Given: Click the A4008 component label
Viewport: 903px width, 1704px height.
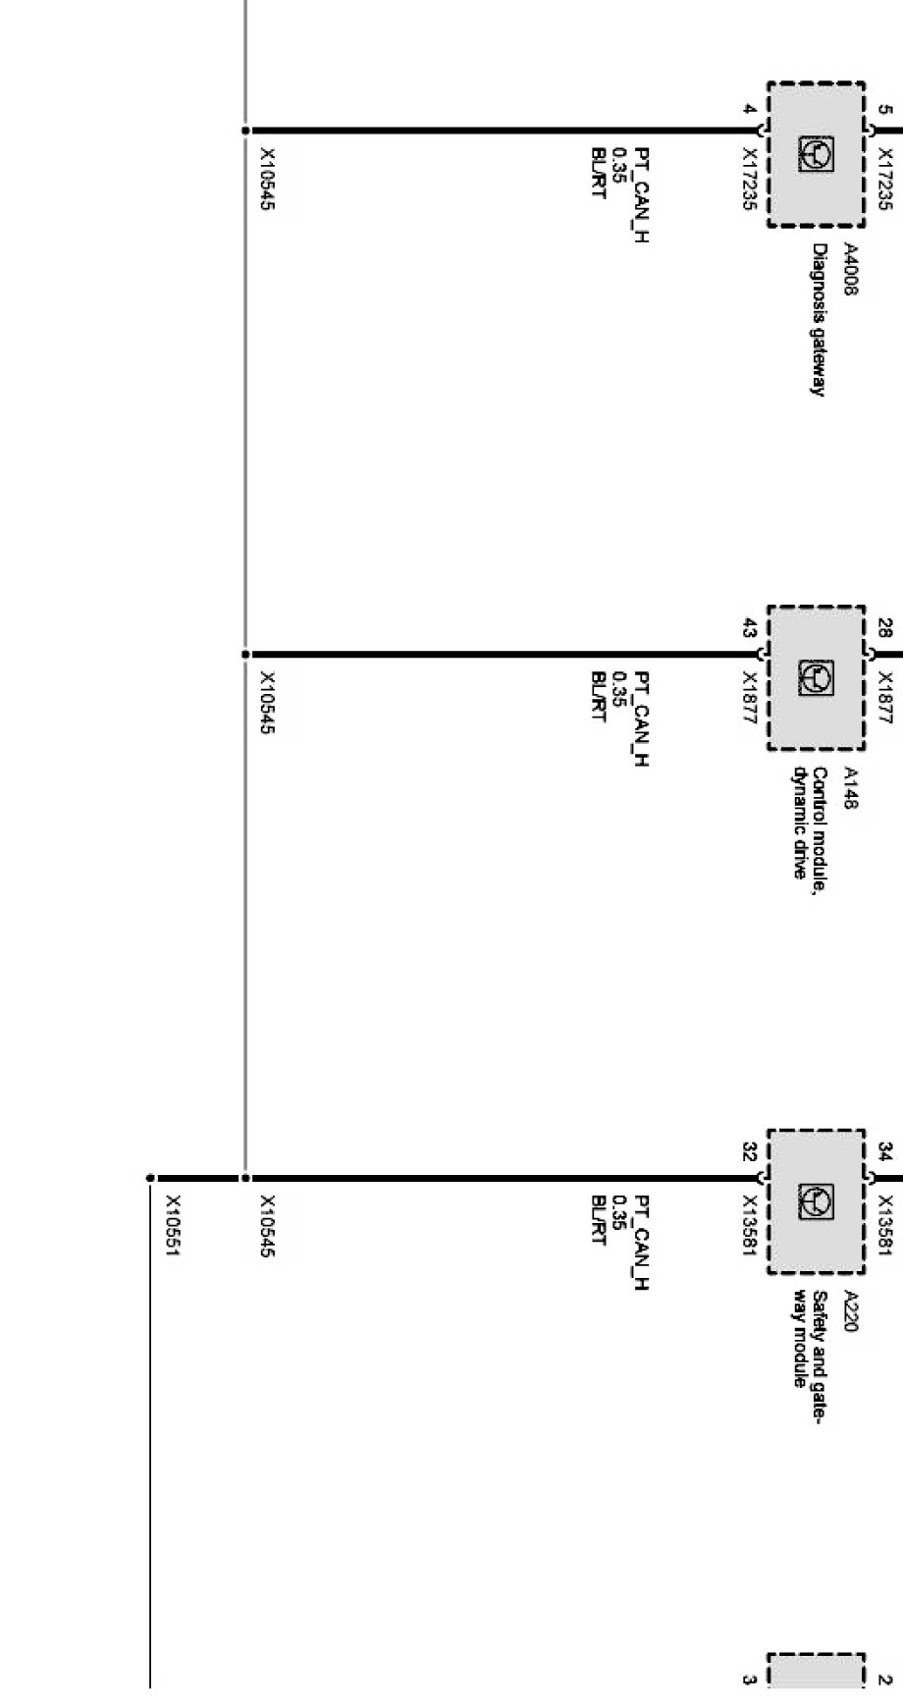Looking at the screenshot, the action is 851,265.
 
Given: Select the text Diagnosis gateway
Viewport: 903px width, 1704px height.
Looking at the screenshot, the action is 817,319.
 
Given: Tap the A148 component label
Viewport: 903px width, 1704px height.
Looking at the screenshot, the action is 851,788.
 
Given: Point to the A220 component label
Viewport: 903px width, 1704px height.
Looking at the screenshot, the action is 851,1311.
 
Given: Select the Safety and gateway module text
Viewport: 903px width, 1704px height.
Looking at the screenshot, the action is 810,1353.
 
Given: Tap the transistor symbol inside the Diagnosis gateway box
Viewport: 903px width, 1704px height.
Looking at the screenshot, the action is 816,153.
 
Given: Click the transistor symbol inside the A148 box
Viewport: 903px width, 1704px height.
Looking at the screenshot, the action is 816,676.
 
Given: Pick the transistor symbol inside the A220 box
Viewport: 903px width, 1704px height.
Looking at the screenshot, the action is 816,1200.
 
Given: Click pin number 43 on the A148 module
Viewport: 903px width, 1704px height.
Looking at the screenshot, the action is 749,626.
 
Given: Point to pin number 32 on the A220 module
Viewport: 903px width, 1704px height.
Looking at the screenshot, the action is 749,1150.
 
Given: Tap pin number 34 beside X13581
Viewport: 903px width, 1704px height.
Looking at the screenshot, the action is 884,1151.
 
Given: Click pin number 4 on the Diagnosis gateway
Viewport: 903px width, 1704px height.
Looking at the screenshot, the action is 749,109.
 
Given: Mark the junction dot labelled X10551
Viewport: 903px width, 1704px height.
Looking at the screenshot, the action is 150,1178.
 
